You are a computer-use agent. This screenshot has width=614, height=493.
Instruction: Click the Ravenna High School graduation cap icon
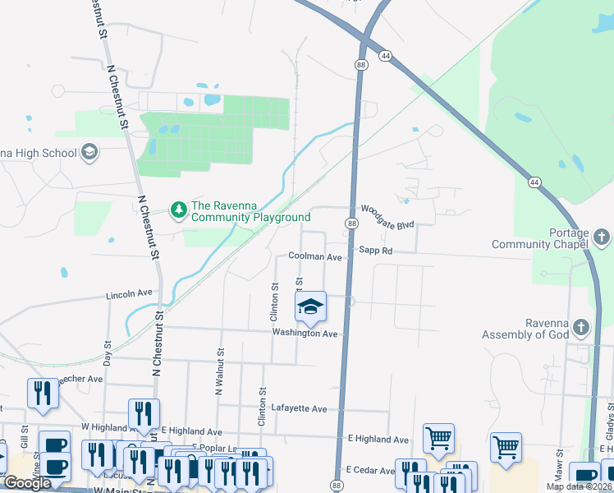(89, 152)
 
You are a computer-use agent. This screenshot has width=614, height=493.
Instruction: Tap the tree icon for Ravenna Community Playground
(178, 211)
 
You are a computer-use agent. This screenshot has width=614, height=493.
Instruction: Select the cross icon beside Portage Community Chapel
(602, 238)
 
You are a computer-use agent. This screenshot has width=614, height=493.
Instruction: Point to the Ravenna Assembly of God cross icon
(580, 328)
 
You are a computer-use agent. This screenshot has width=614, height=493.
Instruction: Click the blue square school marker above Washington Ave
(310, 308)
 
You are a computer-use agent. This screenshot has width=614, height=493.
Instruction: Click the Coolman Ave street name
(315, 257)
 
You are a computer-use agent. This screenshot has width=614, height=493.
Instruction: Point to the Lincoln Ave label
(129, 293)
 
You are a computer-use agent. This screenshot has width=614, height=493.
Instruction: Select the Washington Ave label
(305, 334)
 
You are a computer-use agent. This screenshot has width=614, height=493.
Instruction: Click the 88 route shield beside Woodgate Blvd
(351, 223)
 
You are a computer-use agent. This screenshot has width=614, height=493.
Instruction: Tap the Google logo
(28, 483)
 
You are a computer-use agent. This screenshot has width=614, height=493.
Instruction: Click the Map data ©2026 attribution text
(580, 486)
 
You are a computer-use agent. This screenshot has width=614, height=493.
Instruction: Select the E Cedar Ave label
(370, 470)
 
